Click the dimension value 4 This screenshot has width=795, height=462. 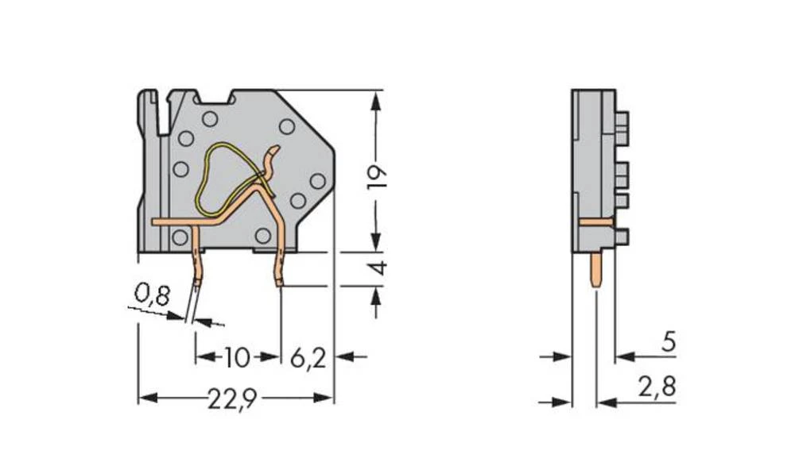[379, 268]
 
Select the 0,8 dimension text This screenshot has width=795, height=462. [152, 295]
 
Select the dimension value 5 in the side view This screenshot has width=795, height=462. [669, 342]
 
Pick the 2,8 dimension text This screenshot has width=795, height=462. [656, 388]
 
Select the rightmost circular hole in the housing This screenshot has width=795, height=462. [317, 182]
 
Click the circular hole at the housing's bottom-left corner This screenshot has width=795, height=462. [180, 237]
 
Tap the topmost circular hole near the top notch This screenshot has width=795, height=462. [209, 120]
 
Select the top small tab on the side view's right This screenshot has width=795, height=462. [621, 121]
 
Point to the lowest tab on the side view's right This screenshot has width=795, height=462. [621, 236]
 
